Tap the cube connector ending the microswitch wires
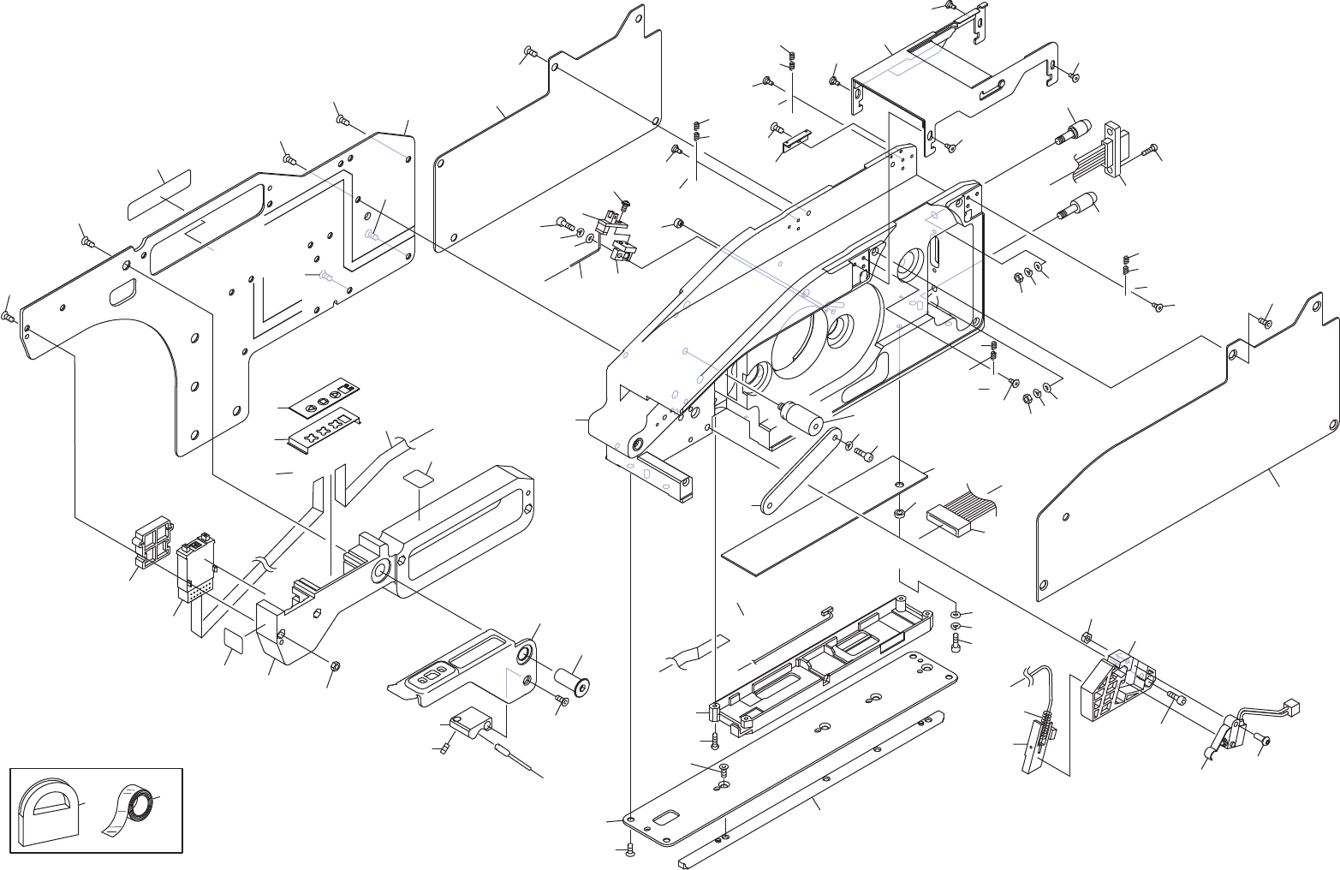tap(1293, 706)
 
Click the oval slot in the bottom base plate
tap(665, 818)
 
